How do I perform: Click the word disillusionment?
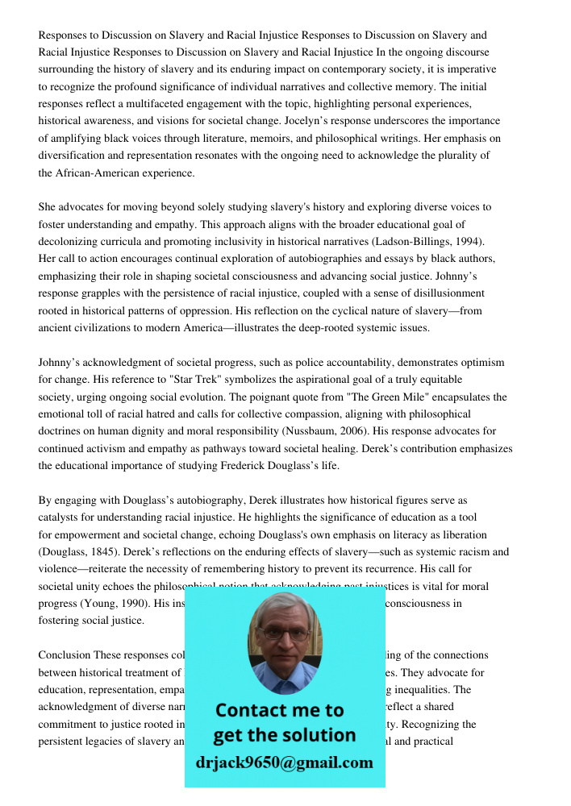tap(444, 293)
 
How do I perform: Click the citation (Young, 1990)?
tap(109, 604)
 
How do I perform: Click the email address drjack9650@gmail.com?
tap(285, 762)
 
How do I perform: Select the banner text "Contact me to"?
tap(280, 710)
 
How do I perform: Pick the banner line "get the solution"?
tap(284, 735)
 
